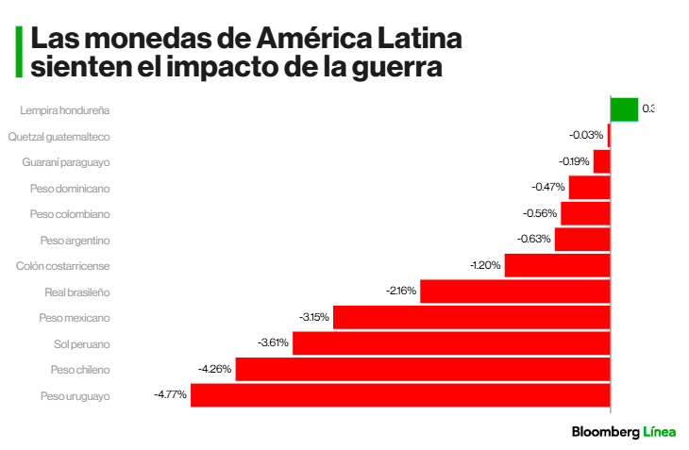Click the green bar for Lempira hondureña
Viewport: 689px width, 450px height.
tap(624, 109)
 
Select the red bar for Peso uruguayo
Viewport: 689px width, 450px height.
tap(400, 395)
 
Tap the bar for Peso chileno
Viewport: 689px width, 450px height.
tap(422, 369)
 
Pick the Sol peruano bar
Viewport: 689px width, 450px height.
tap(451, 343)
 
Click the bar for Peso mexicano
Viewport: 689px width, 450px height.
tap(471, 318)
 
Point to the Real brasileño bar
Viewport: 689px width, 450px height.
tap(514, 292)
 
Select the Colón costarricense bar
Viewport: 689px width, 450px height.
tap(557, 266)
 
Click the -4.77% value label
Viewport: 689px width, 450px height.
tap(171, 394)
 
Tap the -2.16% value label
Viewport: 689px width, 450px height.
tap(401, 292)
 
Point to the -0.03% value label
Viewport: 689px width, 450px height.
tap(587, 136)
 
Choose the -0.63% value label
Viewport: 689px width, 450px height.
tap(534, 240)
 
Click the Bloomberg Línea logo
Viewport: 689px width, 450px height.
tap(623, 432)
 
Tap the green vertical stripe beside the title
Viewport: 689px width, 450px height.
tap(18, 52)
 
